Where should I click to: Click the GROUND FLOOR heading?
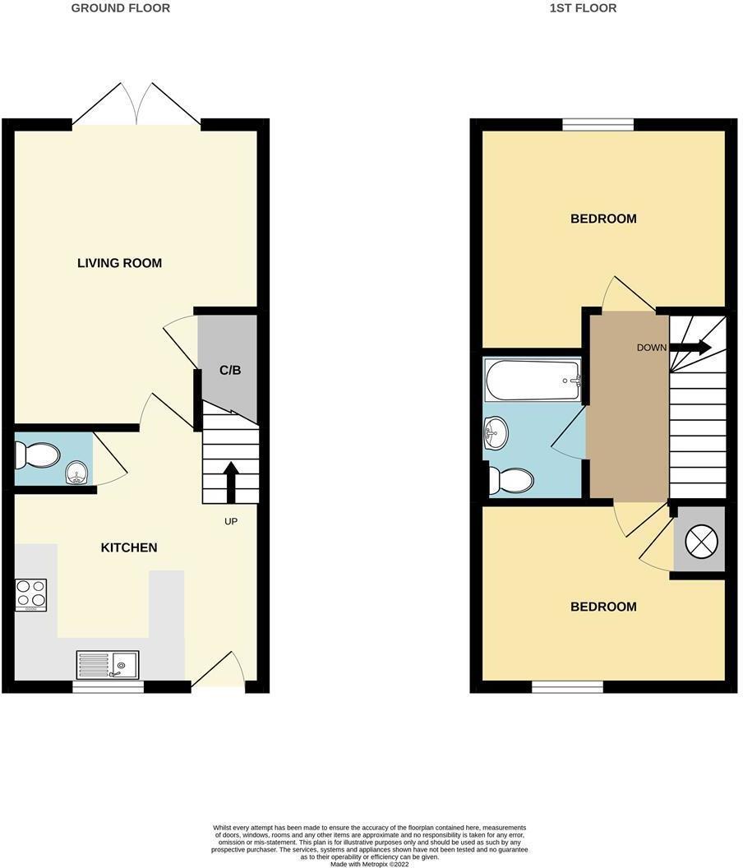click(121, 8)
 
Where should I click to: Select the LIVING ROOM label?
click(119, 263)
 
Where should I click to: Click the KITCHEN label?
click(129, 547)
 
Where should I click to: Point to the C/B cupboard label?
click(230, 370)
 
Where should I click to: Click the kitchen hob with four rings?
click(30, 594)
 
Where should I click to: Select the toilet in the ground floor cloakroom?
click(38, 455)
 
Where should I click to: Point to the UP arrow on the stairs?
click(231, 482)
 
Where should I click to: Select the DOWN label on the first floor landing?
click(651, 348)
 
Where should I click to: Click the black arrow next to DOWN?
click(690, 348)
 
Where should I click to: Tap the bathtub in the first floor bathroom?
click(533, 380)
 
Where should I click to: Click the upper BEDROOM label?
click(603, 219)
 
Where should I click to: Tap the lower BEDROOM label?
click(603, 607)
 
